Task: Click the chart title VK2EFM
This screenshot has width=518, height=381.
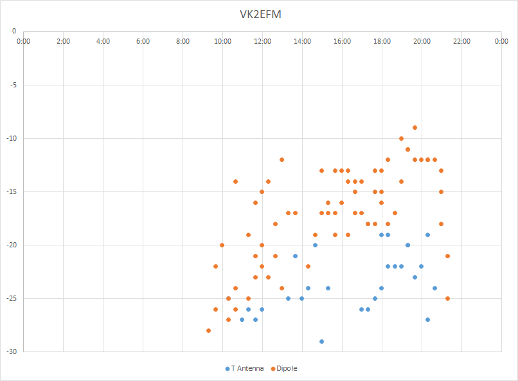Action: [259, 13]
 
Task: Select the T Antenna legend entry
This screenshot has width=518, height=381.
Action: [246, 369]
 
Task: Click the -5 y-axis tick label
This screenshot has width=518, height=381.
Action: [13, 84]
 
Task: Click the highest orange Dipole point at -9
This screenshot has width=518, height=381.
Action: [415, 127]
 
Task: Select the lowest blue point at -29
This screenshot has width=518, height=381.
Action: [321, 341]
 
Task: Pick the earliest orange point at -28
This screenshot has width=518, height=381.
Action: [209, 330]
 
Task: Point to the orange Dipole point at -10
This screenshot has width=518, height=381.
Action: [401, 138]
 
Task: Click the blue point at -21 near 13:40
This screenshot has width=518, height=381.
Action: [295, 256]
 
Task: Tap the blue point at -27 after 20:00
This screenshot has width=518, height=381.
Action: [427, 319]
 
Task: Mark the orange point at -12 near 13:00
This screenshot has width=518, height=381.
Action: [281, 159]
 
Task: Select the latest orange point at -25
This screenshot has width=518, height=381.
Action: [447, 298]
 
